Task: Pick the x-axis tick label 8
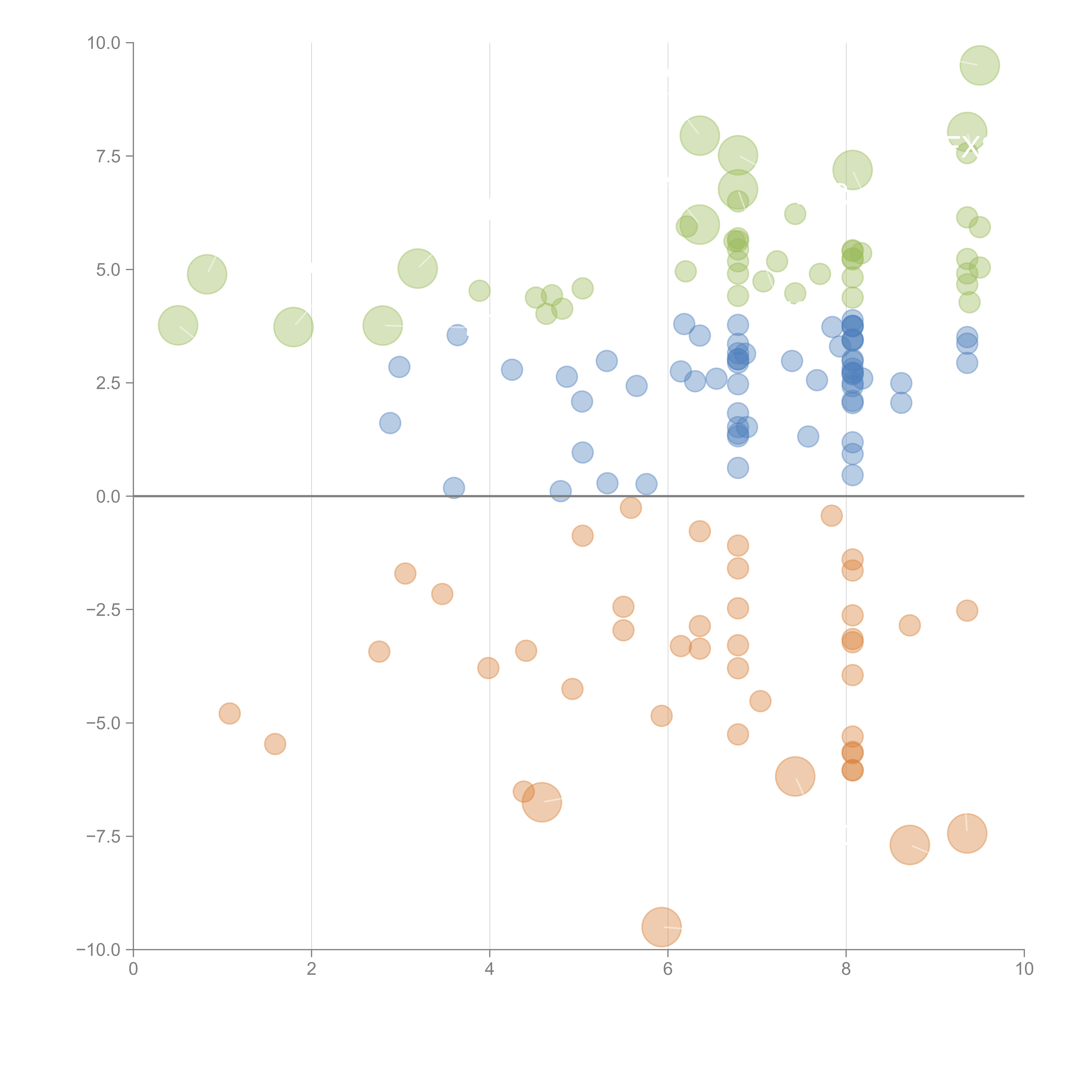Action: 846,969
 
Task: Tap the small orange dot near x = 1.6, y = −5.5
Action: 275,744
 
